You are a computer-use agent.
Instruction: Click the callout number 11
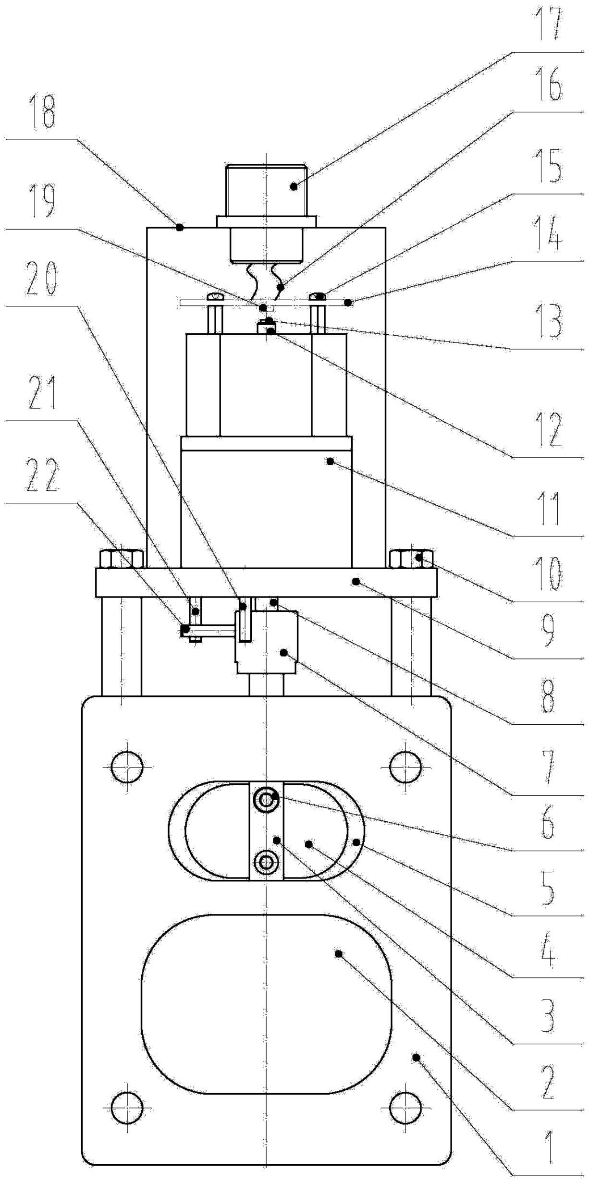(x=549, y=509)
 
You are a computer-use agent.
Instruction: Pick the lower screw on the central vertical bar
(x=266, y=863)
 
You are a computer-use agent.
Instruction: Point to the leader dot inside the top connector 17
(x=294, y=186)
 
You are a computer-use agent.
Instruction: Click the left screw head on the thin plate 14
(x=215, y=297)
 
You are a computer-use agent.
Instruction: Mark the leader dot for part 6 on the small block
(x=284, y=652)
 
